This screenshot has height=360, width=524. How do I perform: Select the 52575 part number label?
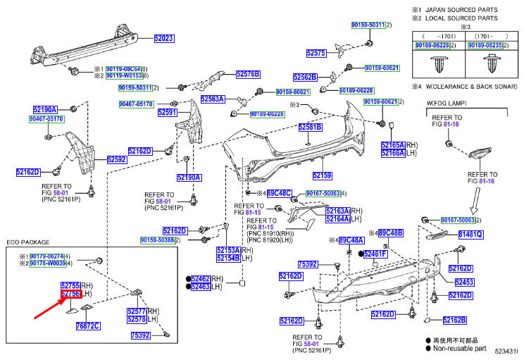coord(316,53)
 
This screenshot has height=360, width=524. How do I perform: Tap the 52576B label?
coord(248,73)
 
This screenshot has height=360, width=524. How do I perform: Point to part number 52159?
coord(322,175)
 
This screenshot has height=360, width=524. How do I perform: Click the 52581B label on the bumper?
coord(310,127)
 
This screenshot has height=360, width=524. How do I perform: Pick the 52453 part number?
coord(464,282)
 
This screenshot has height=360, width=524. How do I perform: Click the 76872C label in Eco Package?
coord(88,325)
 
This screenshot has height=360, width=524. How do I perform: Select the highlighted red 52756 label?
coord(70,294)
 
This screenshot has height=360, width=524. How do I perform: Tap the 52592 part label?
coord(117,160)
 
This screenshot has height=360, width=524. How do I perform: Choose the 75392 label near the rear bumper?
coord(308,264)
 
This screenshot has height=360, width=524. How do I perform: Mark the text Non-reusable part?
coord(461,347)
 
